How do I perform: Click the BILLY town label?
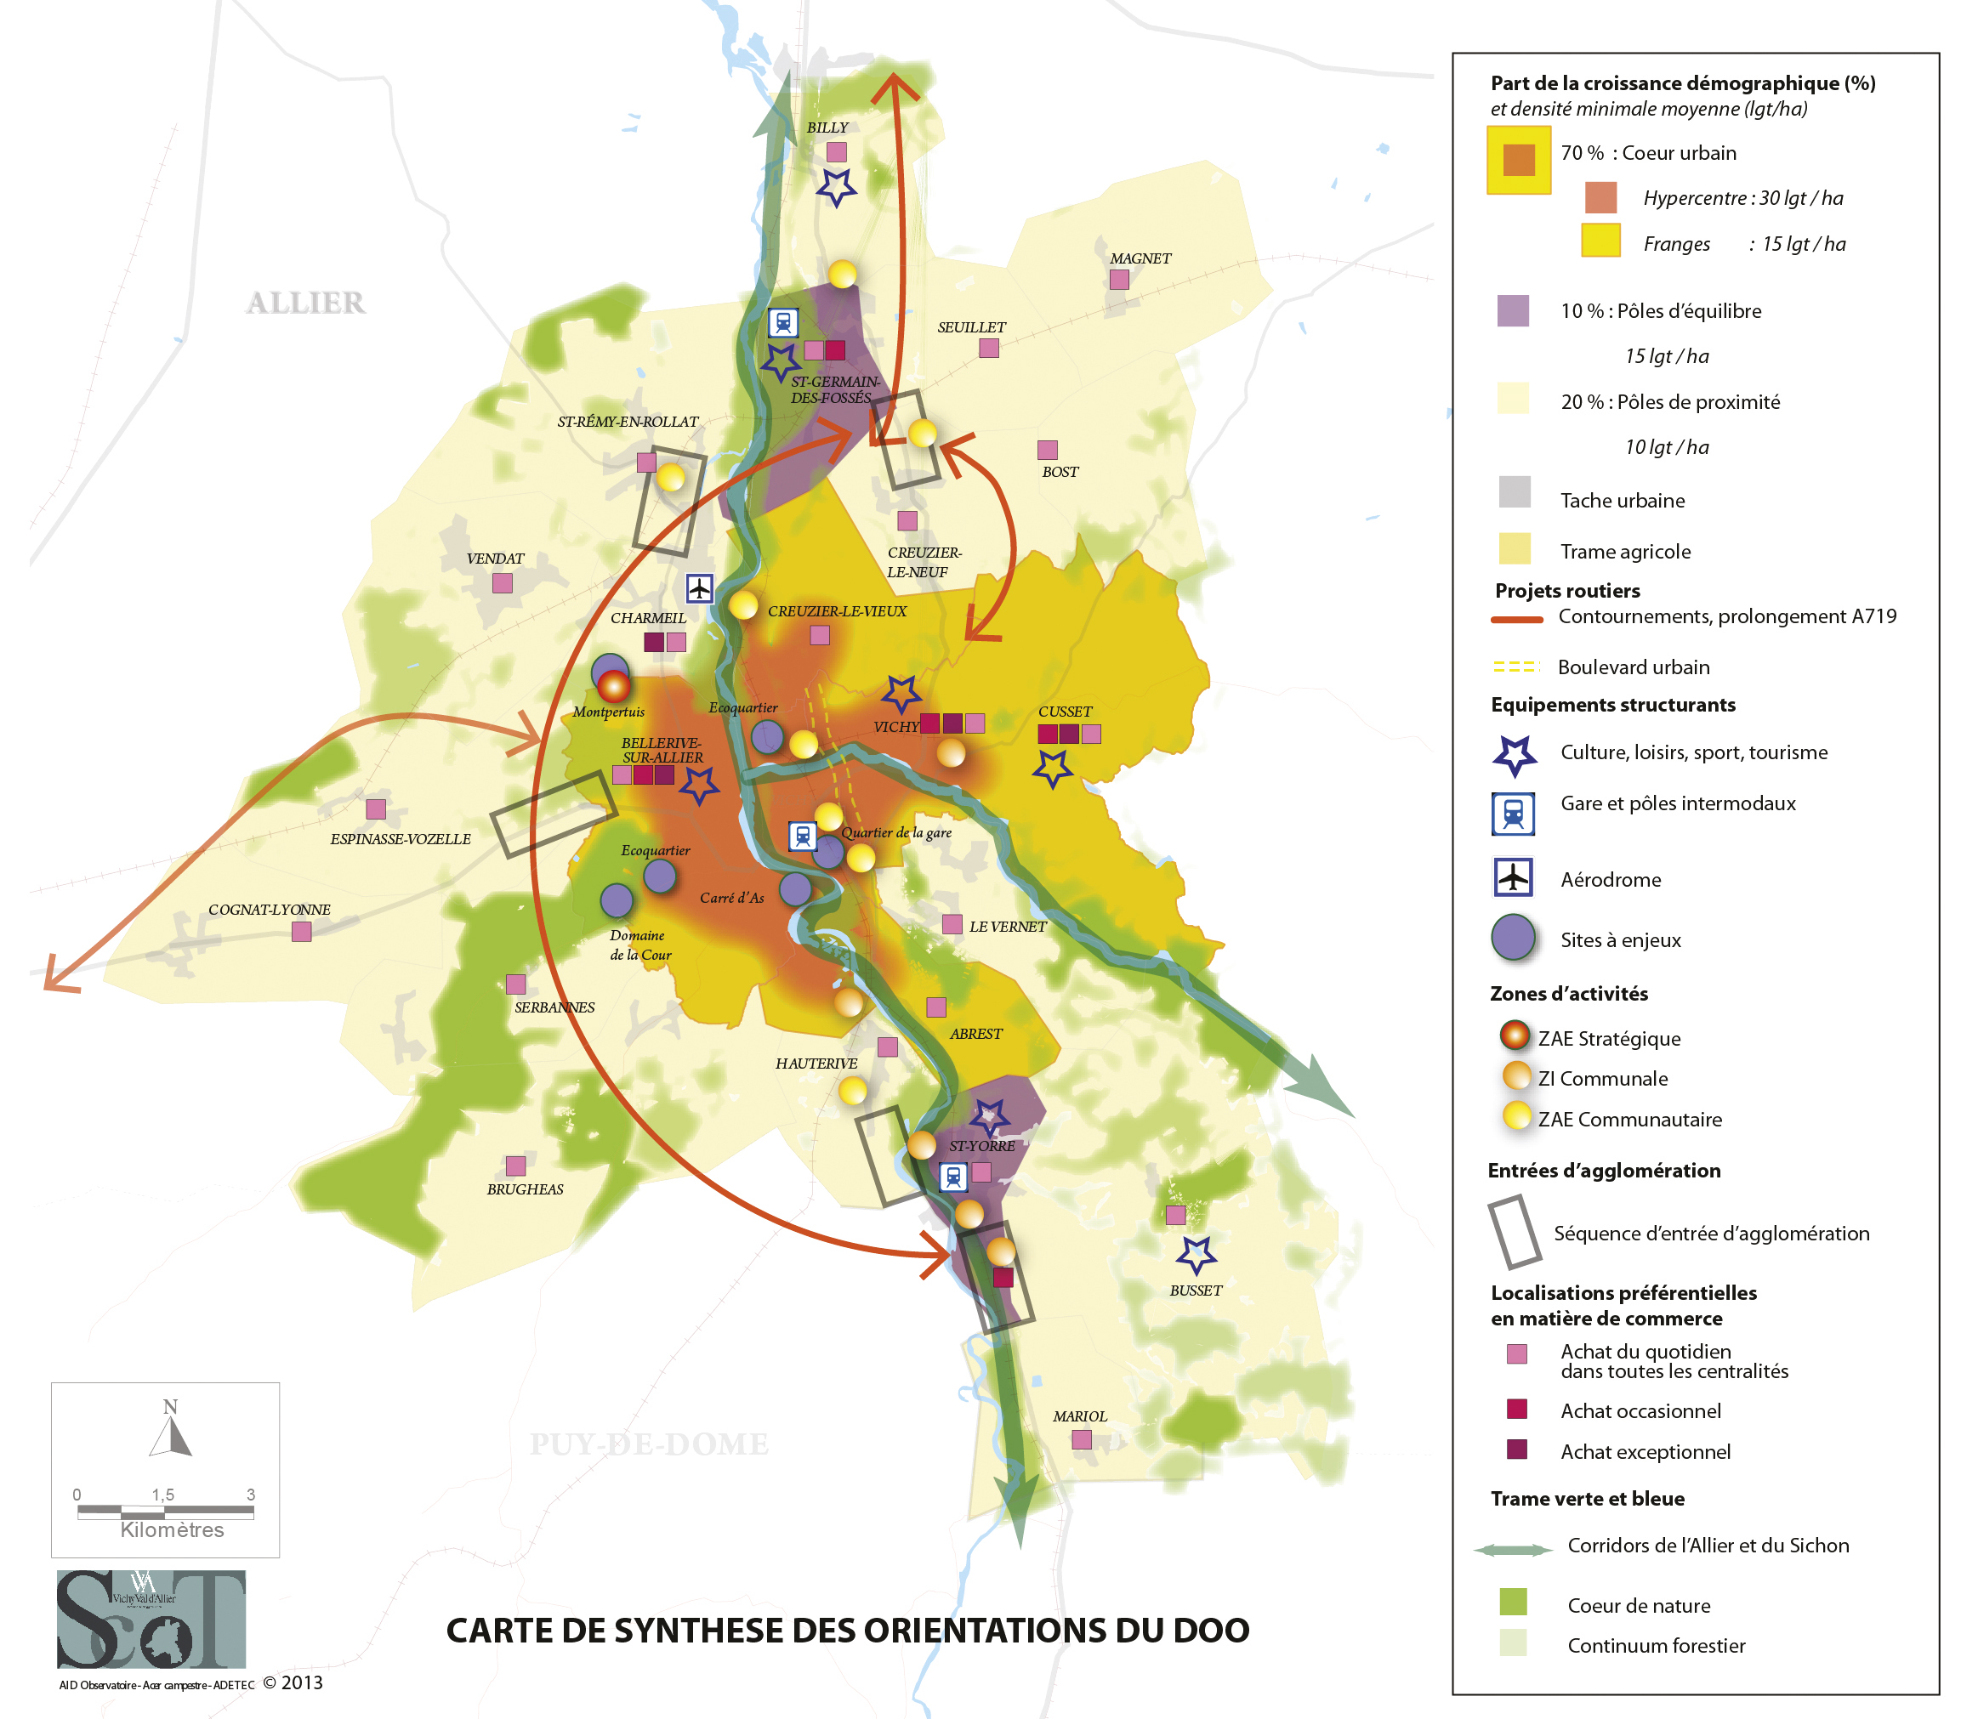(826, 128)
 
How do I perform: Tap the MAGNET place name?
(1140, 258)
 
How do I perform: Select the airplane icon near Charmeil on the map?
(699, 588)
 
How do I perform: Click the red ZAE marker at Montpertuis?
(614, 686)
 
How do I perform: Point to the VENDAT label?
(495, 559)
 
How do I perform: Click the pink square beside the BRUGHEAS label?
(515, 1166)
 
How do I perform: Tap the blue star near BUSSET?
(1196, 1254)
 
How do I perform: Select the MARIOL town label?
(1079, 1415)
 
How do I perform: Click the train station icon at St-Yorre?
(952, 1176)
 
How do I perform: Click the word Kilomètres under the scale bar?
(172, 1530)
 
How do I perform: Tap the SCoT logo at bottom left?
(151, 1619)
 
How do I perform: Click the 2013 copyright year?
(301, 1682)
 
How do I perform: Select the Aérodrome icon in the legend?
(1513, 877)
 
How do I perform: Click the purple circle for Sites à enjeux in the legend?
(1513, 939)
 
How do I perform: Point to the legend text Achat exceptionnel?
(1645, 1451)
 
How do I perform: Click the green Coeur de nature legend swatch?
(1513, 1602)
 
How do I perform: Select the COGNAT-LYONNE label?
(269, 910)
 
